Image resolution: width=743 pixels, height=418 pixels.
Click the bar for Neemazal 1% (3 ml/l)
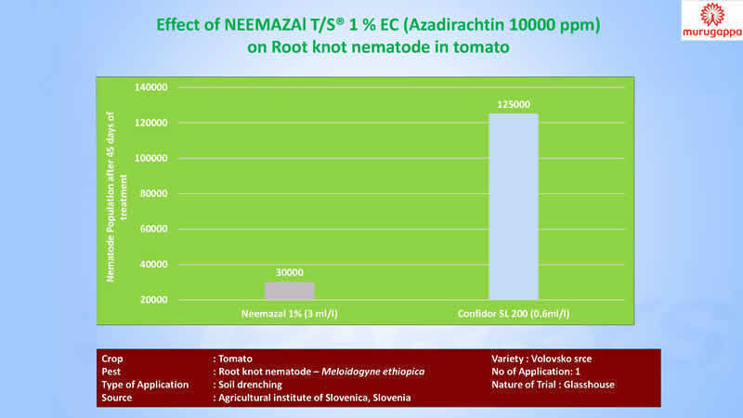coord(289,291)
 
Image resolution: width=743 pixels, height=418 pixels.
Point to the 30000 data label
coord(289,272)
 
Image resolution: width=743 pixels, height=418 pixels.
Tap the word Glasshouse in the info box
coord(593,384)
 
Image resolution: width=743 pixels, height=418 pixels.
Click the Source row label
coord(116,397)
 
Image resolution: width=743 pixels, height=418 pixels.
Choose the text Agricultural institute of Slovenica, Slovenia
coord(313,397)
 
